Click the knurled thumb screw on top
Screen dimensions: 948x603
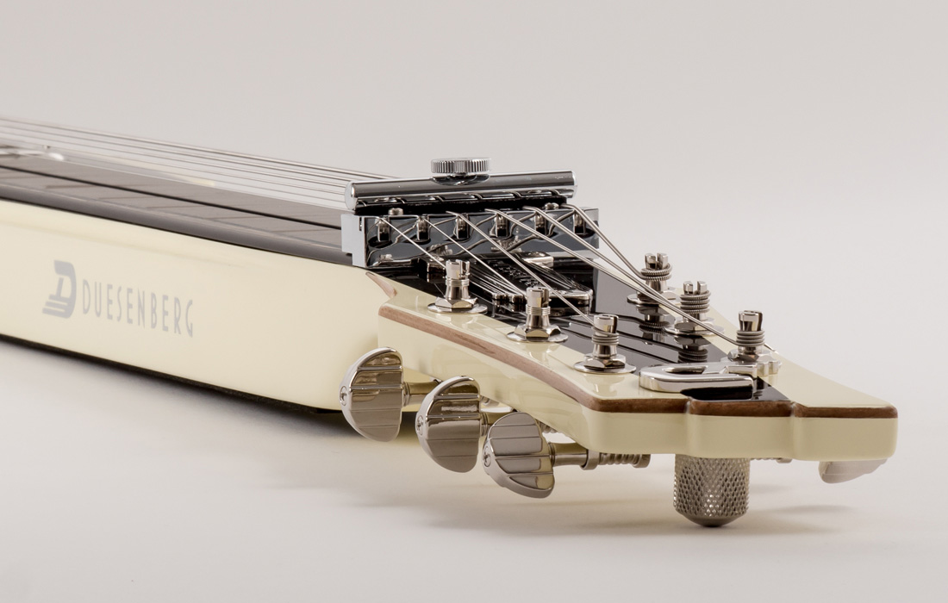coord(460,169)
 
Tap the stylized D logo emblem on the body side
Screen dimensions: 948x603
coord(60,289)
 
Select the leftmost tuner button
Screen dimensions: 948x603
coord(371,394)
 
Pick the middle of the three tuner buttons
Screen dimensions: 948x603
coord(448,424)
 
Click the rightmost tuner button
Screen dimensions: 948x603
coord(519,454)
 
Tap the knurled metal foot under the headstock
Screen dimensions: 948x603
coord(712,489)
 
